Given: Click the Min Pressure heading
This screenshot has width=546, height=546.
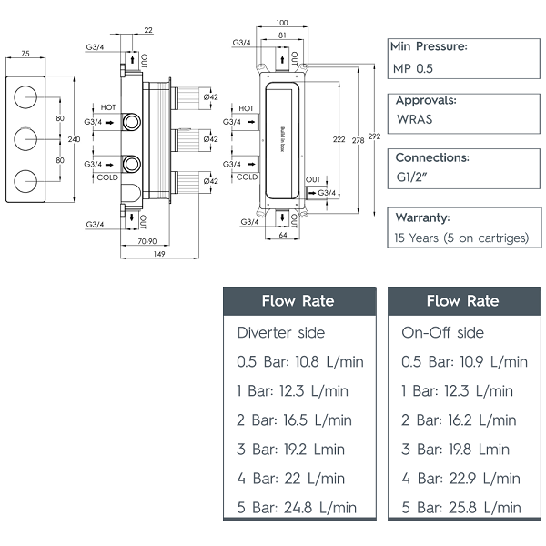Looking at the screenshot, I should tap(429, 46).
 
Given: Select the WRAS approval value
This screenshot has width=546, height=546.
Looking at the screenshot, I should tap(415, 118).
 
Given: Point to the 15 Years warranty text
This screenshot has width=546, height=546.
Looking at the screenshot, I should tap(460, 238).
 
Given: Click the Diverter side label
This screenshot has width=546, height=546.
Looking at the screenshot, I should tap(281, 332).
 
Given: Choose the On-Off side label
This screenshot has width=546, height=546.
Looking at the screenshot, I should tap(443, 332).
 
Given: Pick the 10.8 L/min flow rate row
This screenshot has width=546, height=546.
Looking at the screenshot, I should tap(300, 361).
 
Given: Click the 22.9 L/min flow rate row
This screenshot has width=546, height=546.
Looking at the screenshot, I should tap(461, 478).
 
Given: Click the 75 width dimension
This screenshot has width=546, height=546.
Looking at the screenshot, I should tap(25, 55).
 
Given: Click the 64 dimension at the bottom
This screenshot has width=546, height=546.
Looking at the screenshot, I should tap(283, 236).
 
